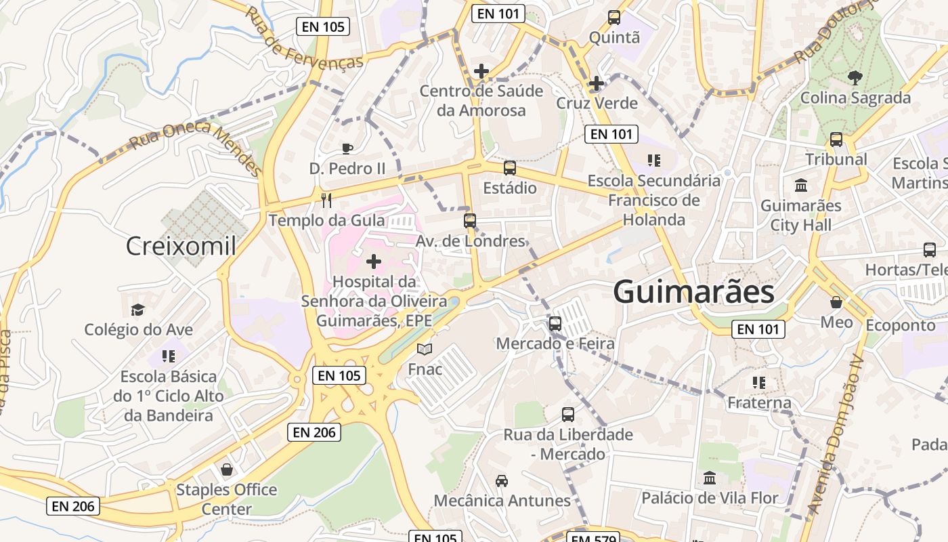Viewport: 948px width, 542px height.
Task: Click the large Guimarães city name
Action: (x=693, y=292)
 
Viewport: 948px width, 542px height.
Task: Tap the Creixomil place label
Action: (x=181, y=246)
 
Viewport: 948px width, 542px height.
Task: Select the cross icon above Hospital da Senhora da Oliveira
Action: (x=374, y=262)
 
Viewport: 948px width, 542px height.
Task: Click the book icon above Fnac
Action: (x=425, y=350)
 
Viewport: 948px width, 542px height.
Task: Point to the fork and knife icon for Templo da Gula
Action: (x=327, y=200)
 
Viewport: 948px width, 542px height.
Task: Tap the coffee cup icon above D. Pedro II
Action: (x=347, y=148)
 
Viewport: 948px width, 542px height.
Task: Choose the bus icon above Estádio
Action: (x=510, y=167)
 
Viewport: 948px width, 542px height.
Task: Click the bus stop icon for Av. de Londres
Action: (x=470, y=220)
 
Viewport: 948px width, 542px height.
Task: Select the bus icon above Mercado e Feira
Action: (x=555, y=323)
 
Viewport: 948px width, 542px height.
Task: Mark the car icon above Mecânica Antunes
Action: (x=502, y=480)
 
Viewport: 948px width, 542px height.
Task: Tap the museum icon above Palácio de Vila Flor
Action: (x=710, y=478)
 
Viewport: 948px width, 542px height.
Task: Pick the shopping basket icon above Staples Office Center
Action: (x=227, y=470)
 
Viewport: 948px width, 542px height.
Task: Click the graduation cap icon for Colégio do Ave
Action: (x=138, y=310)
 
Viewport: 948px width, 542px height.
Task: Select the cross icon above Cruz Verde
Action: (x=597, y=83)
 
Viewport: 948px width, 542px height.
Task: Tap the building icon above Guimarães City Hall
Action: (x=802, y=185)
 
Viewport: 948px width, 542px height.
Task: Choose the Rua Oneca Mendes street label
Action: (x=195, y=147)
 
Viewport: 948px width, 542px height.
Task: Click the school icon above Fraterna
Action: (x=759, y=383)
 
